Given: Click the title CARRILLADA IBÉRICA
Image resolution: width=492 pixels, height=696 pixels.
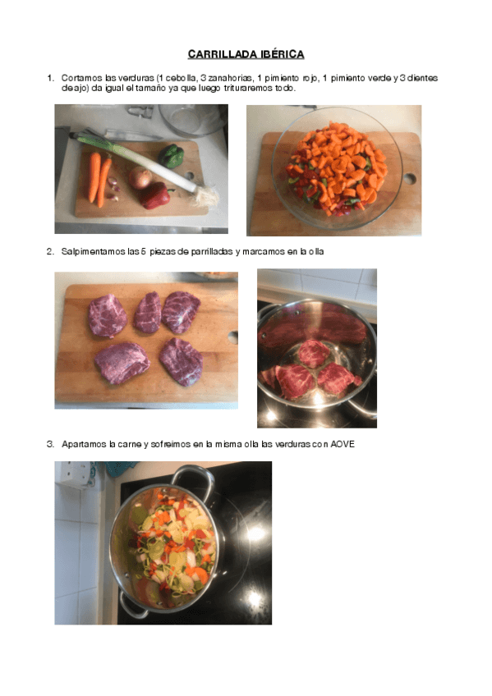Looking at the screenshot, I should [246, 54].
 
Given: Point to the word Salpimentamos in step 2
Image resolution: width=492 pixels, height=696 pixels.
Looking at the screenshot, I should [87, 252].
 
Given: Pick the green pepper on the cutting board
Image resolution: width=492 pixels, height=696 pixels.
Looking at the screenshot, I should [172, 155].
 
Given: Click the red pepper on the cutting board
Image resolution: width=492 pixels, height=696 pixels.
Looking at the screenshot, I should [154, 195].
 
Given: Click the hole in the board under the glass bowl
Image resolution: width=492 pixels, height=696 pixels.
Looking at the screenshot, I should [409, 178].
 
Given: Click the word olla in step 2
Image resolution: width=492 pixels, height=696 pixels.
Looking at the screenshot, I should [315, 252].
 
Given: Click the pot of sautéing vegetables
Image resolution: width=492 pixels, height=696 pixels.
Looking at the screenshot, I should [164, 543].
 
